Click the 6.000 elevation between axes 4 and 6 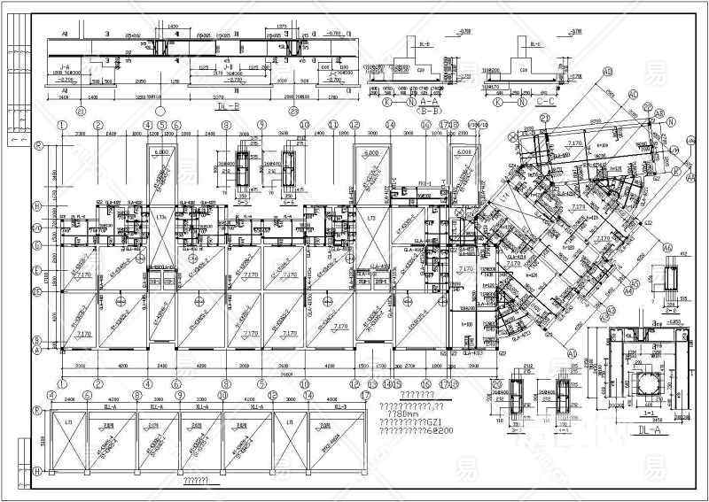(161, 152)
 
